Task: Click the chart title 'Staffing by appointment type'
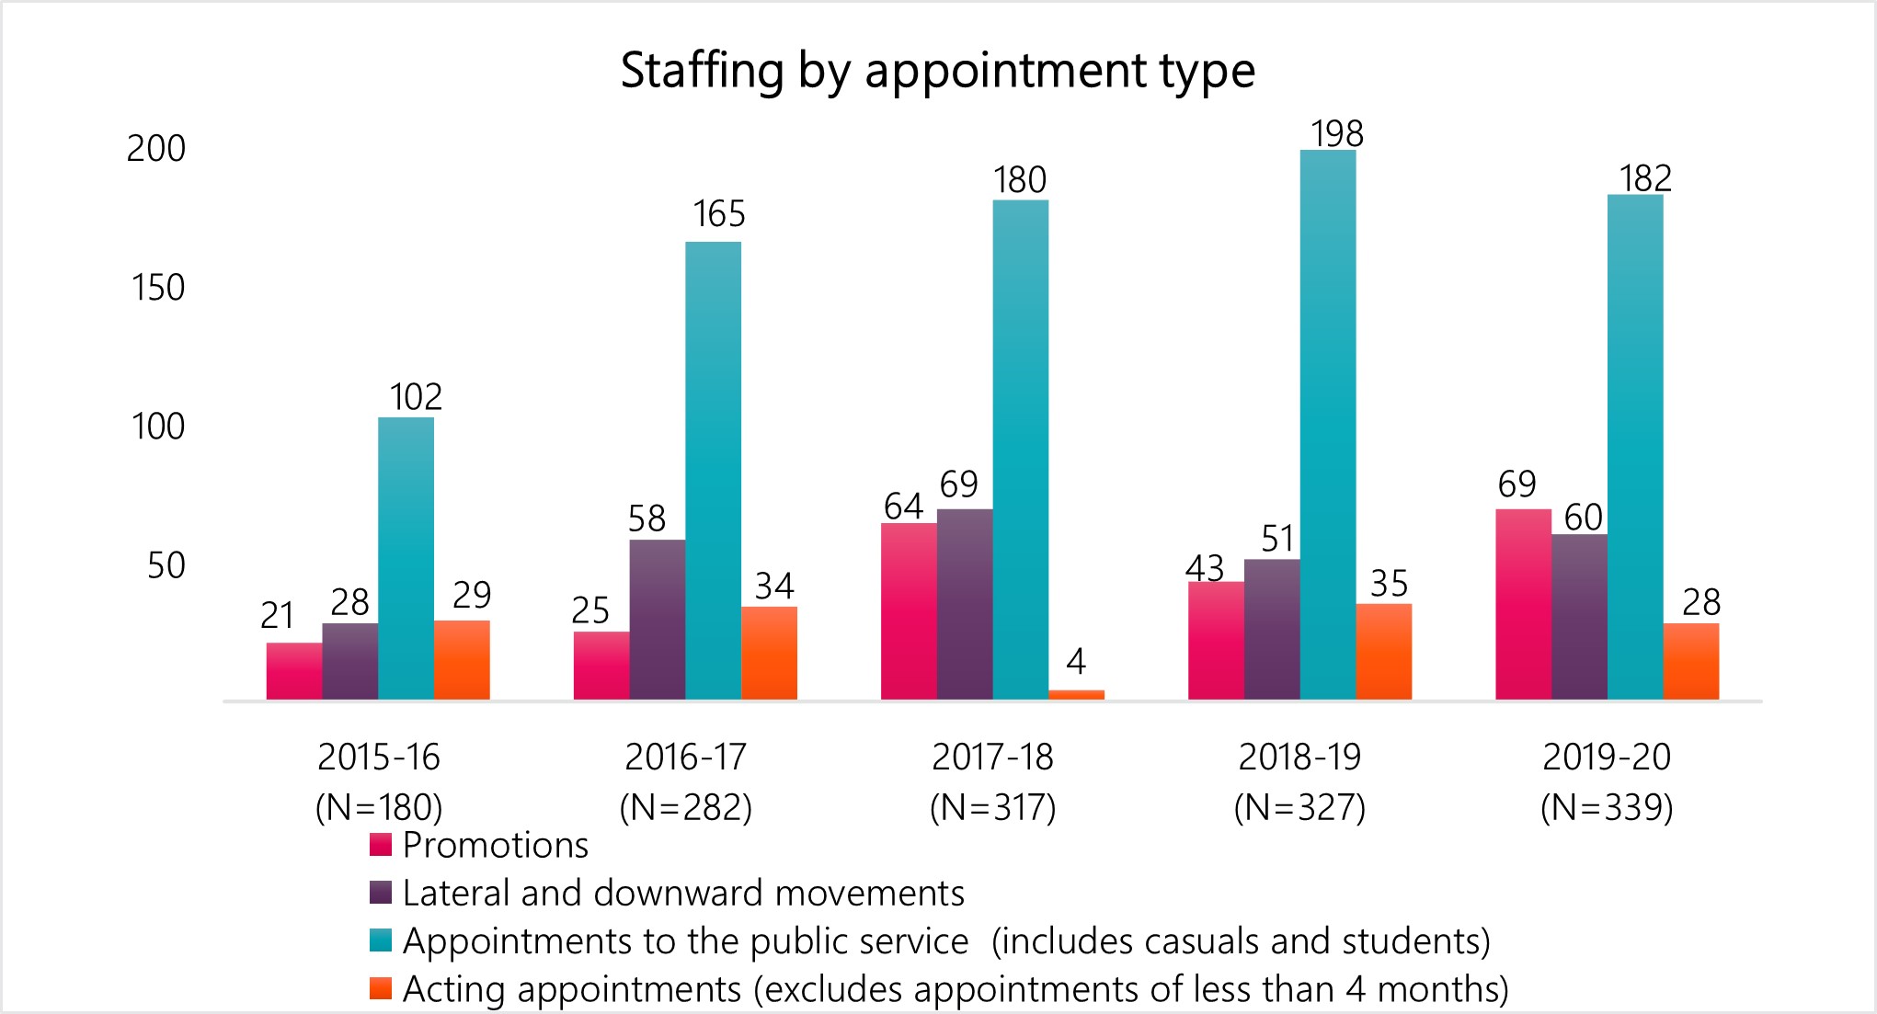click(937, 71)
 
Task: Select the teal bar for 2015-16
click(406, 558)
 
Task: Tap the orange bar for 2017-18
click(1076, 694)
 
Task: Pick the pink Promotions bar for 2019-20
click(1523, 604)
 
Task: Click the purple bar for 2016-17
click(657, 619)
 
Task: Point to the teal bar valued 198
click(1327, 424)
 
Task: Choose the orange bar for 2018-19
click(1383, 651)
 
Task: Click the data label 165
click(718, 214)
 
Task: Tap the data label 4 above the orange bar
click(1076, 661)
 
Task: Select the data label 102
click(416, 397)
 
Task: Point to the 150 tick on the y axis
click(158, 288)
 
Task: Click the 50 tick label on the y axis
click(166, 565)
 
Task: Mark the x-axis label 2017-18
click(992, 757)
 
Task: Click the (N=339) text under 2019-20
click(1606, 807)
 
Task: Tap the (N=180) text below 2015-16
click(379, 807)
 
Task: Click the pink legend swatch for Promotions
click(381, 845)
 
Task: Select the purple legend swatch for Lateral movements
click(381, 893)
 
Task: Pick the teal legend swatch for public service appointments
click(381, 940)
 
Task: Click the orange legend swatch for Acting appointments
click(381, 988)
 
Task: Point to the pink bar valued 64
click(909, 610)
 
